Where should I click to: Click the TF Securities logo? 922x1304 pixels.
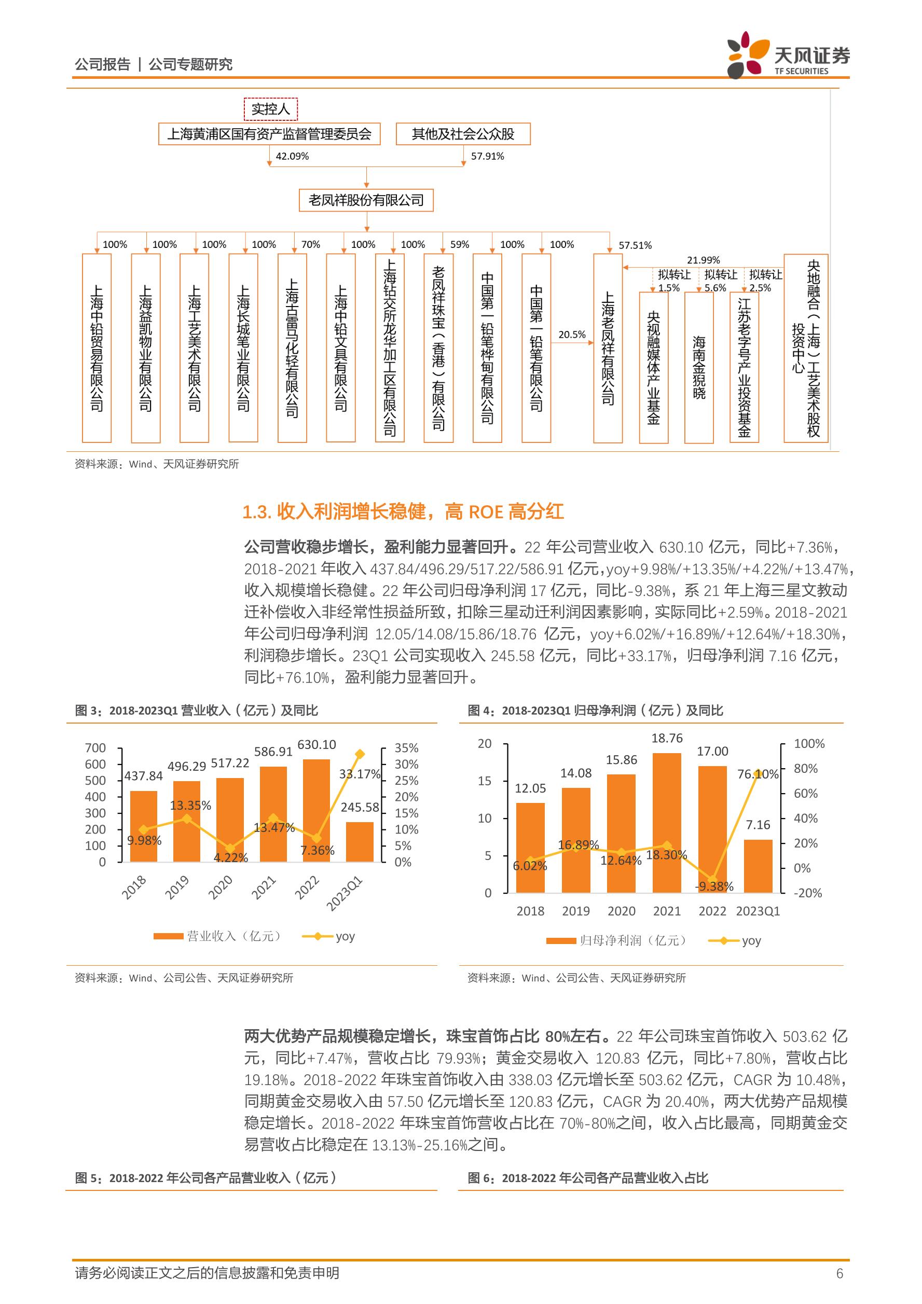coord(789,56)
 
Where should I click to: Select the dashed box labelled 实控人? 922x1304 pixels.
coord(270,108)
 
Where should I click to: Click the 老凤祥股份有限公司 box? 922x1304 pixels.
coord(366,200)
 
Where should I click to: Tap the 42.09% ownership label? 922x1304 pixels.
coord(292,156)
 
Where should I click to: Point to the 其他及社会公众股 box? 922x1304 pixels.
coord(463,134)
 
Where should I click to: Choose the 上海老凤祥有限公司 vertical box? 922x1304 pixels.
coord(608,348)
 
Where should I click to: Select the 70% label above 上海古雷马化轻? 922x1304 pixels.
coord(311,244)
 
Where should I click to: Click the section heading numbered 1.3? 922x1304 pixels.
coord(403,512)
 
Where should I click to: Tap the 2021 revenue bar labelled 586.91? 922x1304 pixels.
coord(273,814)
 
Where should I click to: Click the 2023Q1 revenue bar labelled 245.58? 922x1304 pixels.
coord(360,842)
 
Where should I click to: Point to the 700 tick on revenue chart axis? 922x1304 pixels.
coord(95,748)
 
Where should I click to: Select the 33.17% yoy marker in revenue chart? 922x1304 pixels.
coord(360,754)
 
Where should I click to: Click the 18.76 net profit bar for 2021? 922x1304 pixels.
coord(667,823)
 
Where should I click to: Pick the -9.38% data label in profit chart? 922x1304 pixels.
coord(714,886)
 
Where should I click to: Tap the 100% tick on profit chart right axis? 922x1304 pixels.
coord(809,743)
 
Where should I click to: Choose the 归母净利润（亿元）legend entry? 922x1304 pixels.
coord(616,940)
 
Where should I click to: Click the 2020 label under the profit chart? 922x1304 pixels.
coord(622,911)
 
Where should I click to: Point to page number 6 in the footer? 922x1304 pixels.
coord(840,1273)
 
